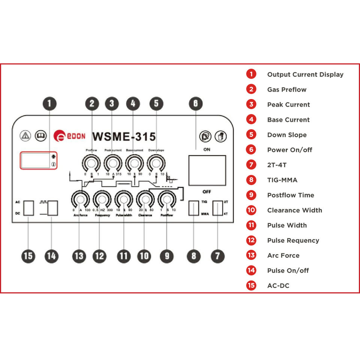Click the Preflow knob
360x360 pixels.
(x=91, y=163)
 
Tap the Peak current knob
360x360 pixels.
(x=112, y=163)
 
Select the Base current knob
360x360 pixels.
(x=134, y=163)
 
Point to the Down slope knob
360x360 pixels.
(x=156, y=163)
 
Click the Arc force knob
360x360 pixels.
(x=80, y=199)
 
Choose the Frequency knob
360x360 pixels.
(x=102, y=199)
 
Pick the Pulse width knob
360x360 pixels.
(x=124, y=199)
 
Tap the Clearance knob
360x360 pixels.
(x=145, y=199)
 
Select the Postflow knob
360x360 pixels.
(x=167, y=199)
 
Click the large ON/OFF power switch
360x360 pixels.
(x=207, y=170)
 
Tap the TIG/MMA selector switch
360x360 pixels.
(x=193, y=208)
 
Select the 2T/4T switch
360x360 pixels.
(x=217, y=208)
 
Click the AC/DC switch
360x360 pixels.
(x=28, y=208)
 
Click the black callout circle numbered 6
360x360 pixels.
(x=195, y=103)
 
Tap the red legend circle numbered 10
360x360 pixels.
(x=251, y=210)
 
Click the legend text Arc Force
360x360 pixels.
(x=283, y=255)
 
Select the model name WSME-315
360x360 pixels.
(x=124, y=136)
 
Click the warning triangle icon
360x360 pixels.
(x=25, y=135)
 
